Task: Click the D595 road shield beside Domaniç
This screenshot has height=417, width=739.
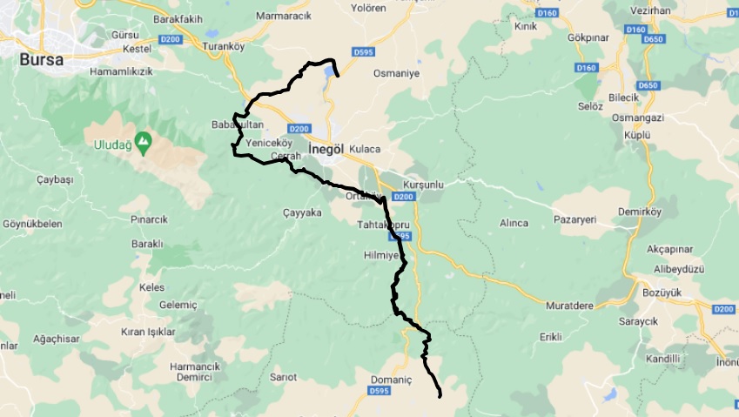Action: click(x=379, y=392)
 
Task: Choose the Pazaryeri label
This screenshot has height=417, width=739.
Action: click(x=574, y=221)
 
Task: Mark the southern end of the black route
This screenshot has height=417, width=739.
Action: click(x=440, y=396)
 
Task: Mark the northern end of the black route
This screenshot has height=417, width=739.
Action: click(x=337, y=77)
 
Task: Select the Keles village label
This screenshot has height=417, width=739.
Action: click(x=151, y=287)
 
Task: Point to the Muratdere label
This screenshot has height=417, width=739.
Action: click(x=569, y=306)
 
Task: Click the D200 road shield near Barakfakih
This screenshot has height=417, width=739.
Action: click(x=171, y=39)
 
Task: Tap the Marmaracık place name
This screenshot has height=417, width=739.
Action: click(x=285, y=16)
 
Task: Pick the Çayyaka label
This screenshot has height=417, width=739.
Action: click(x=303, y=212)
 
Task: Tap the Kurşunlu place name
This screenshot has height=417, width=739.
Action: click(x=424, y=185)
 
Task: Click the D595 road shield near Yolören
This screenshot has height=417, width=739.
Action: click(x=364, y=52)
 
